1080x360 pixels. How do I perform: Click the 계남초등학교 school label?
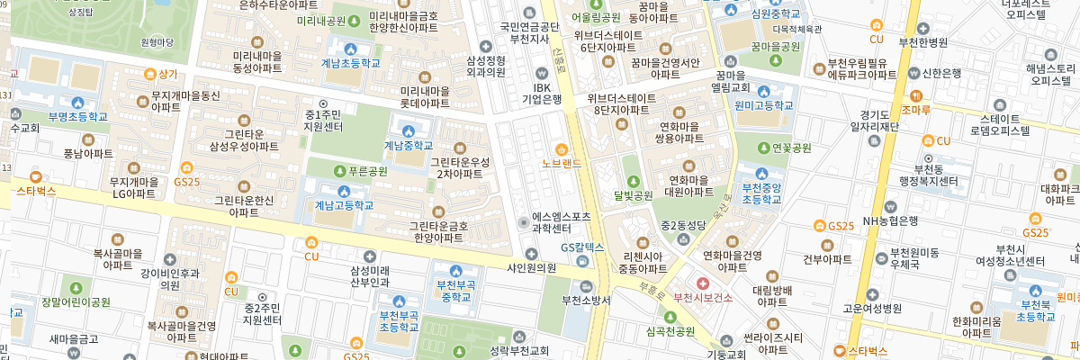tap(351, 63)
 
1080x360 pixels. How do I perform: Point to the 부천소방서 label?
tap(586, 300)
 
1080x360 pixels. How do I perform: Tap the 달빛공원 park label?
tap(633, 194)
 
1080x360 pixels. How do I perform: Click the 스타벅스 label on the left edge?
tap(36, 191)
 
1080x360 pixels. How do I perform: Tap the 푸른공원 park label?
tap(366, 170)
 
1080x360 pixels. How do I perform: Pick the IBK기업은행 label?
tap(542, 94)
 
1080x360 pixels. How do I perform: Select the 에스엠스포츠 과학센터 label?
tap(562, 222)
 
